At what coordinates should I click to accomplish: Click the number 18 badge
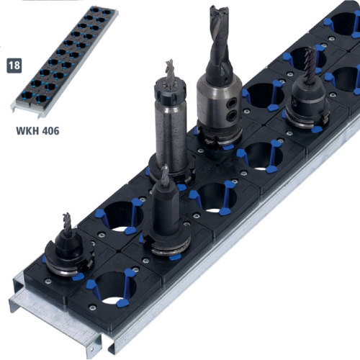pos(14,66)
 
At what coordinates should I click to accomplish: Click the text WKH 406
pos(37,131)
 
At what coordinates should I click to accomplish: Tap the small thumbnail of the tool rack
pos(64,62)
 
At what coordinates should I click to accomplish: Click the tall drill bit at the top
pos(220,41)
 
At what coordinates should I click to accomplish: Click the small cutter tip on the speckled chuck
pos(170,71)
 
